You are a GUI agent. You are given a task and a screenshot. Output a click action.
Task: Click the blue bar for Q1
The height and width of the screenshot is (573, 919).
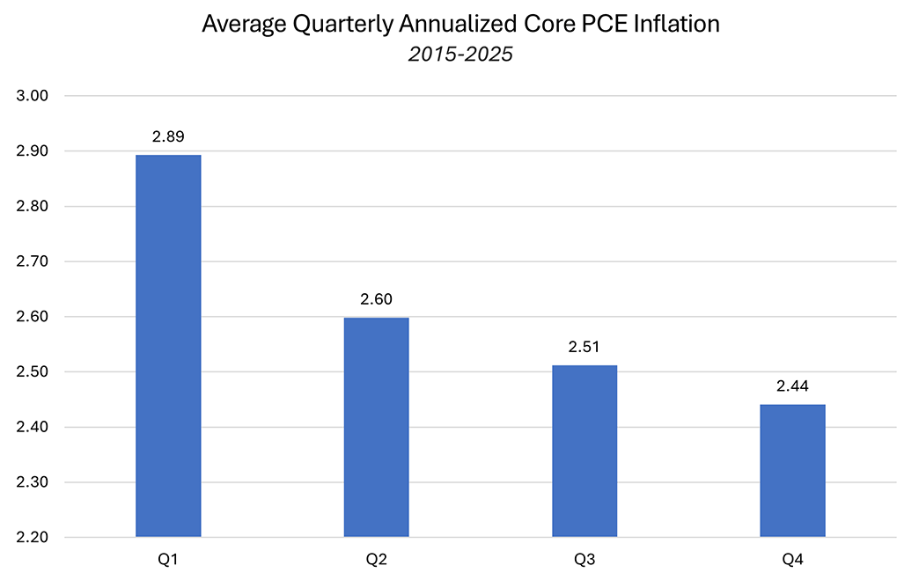pos(168,346)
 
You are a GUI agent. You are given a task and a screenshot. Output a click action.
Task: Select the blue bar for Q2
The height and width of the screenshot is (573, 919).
pos(376,427)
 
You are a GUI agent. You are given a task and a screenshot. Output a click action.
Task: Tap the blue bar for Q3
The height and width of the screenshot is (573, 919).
pos(584,451)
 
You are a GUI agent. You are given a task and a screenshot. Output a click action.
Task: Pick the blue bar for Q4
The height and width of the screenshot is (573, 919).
pos(792,470)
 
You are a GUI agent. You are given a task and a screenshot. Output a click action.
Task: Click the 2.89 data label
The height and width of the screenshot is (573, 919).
pos(168,137)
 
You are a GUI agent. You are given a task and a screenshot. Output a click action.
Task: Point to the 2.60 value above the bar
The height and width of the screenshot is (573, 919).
pos(376,299)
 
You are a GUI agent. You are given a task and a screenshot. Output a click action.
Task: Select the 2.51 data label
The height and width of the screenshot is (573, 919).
pos(584,348)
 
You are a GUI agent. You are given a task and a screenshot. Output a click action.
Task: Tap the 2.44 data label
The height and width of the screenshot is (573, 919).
pos(792,386)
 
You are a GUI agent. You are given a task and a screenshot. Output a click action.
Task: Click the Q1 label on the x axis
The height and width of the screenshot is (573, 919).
pos(168,558)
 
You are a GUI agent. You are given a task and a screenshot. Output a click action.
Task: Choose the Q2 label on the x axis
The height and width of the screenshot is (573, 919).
pos(376,558)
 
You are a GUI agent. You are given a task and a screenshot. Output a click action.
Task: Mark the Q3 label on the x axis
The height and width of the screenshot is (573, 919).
pos(584,558)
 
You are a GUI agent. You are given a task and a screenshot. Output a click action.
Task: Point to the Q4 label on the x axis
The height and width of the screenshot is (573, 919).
pos(792,558)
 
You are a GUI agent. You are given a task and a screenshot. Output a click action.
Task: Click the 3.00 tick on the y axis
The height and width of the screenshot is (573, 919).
pos(33,96)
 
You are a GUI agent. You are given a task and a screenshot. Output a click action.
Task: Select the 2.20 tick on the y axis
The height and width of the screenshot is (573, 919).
pos(33,538)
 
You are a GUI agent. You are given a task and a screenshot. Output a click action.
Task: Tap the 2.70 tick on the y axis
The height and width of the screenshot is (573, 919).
pos(33,261)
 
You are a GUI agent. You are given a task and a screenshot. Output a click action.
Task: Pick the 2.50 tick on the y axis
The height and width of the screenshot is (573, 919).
pos(33,372)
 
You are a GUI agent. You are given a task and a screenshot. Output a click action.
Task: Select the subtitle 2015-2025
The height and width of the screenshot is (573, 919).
pos(460,54)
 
